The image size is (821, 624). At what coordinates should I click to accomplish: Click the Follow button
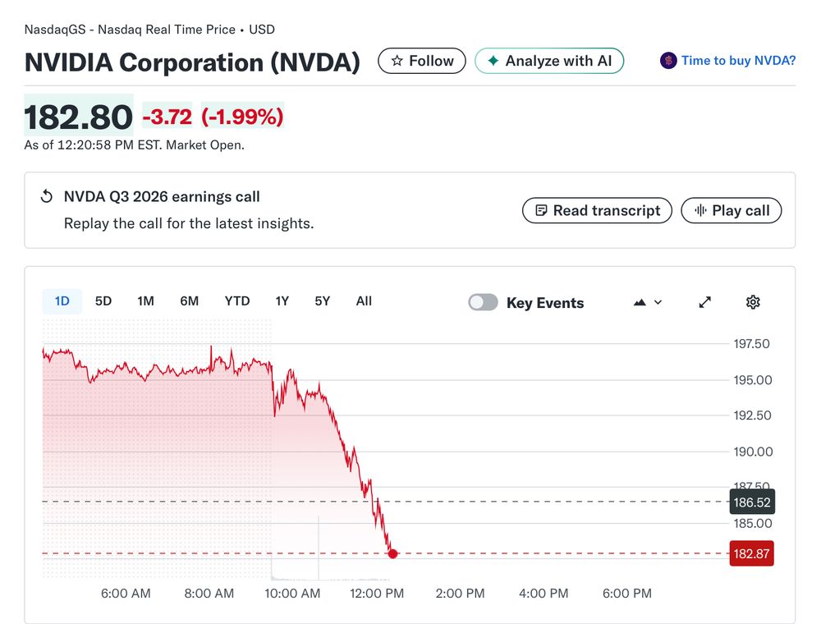[422, 61]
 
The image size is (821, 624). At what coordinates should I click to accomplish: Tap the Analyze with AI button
[549, 61]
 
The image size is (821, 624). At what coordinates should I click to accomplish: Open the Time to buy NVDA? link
[728, 61]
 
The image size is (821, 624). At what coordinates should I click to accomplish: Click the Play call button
[732, 210]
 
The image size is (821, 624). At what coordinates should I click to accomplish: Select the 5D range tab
[103, 301]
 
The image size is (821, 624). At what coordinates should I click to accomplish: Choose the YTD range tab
[237, 301]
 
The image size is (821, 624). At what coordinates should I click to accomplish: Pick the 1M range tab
[146, 301]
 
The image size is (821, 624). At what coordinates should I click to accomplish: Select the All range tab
[364, 301]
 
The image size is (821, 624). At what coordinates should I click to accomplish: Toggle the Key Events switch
[483, 302]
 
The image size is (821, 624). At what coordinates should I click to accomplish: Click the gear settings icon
[753, 302]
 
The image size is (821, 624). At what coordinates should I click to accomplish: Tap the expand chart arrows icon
[704, 302]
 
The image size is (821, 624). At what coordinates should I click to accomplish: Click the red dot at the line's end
[392, 553]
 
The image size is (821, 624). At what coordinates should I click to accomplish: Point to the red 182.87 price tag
[751, 553]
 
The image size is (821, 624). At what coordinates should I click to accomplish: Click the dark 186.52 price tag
[751, 502]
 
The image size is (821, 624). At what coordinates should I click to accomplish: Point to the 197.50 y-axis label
[751, 344]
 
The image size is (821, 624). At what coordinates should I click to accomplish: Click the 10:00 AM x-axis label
[293, 594]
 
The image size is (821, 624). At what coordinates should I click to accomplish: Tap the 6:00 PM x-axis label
[627, 594]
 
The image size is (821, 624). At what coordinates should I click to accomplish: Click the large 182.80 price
[79, 117]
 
